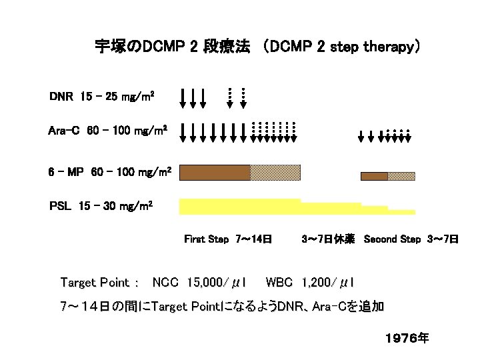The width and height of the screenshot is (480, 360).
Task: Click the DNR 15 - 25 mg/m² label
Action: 102,97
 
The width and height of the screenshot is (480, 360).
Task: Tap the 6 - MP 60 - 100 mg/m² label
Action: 111,173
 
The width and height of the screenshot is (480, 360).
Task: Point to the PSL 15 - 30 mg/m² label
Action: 101,205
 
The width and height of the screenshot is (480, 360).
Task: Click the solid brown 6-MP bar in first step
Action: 215,173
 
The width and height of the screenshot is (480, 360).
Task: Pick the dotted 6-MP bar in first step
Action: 275,173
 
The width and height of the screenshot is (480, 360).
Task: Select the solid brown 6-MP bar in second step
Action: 374,176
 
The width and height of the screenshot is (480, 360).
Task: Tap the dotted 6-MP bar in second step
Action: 401,176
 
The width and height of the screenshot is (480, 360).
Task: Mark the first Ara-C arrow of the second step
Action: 362,137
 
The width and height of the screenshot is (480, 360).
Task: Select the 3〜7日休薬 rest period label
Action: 328,239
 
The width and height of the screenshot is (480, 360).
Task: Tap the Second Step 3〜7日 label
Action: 411,239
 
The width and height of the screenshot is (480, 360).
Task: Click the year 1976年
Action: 407,339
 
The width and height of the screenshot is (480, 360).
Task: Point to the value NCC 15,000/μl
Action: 200,283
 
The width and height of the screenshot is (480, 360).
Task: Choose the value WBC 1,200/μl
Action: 310,283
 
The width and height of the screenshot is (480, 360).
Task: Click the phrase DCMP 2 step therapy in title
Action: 342,47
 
